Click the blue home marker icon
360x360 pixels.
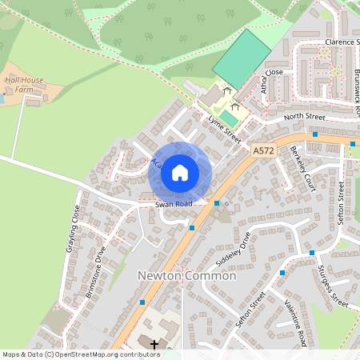coord(180,172)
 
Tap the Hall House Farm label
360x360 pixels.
coord(24,86)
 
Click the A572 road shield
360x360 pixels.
coord(262,150)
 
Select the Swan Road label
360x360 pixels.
coord(174,205)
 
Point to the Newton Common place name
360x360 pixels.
coord(187,275)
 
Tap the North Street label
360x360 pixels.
coord(305,118)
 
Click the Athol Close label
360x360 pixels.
coord(271,80)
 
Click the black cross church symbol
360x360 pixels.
coord(154,343)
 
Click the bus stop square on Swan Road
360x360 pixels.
coord(217,203)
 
